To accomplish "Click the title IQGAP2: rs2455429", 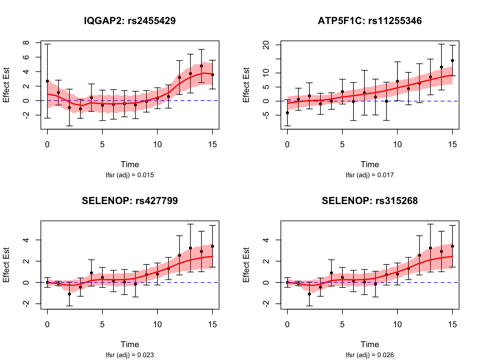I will pos(130,21).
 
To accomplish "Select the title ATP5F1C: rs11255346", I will pos(370,21).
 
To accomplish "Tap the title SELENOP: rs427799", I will pos(130,201).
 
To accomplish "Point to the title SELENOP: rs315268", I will pos(370,201).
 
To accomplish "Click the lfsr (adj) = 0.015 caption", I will pos(130,175).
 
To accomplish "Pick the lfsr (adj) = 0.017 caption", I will pos(370,175).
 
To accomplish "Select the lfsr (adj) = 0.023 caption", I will pos(130,355).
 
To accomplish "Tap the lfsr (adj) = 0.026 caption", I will pos(370,355).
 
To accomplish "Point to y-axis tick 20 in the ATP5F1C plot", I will pos(266,45).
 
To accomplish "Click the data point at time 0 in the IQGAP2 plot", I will pos(47,81).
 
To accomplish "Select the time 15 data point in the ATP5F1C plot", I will pos(452,61).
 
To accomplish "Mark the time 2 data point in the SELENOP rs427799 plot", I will pos(69,294).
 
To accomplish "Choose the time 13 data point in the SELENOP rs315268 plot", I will pos(430,248).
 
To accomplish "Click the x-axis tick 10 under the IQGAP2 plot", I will pos(157,144).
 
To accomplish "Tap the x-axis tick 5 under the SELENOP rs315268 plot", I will pos(342,324).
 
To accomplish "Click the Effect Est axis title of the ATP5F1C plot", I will pos(246,85).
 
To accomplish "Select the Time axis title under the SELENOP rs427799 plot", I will pos(130,344).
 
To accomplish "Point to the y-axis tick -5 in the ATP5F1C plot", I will pos(266,115).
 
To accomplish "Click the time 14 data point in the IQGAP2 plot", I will pos(202,66).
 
